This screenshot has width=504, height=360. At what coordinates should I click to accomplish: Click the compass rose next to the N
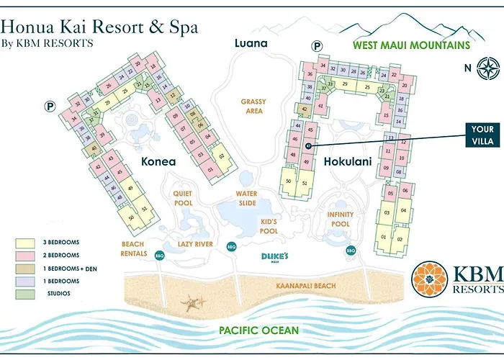click(487, 70)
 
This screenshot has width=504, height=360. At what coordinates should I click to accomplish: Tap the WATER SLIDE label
click(246, 199)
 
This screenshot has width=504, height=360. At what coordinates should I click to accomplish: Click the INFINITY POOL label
click(341, 218)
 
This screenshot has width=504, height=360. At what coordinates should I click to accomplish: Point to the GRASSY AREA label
click(253, 107)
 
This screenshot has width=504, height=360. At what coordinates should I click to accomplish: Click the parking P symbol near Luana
click(315, 45)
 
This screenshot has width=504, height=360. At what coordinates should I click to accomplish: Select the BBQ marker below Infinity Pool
click(351, 251)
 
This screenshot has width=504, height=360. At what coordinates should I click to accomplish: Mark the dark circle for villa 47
click(308, 146)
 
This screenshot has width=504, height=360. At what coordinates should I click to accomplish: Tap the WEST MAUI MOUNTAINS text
click(410, 45)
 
